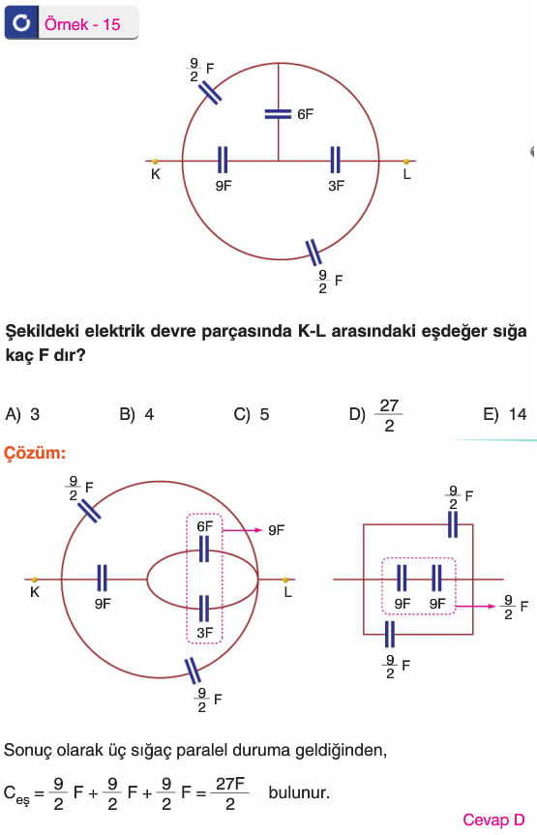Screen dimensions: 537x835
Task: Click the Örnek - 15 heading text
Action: [x=82, y=24]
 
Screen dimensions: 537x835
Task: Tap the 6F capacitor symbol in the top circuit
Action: [x=278, y=114]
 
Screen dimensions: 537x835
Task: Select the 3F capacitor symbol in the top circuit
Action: [x=335, y=160]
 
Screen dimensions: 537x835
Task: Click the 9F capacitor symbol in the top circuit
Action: [x=223, y=160]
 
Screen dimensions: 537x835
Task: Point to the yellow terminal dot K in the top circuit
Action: [x=155, y=161]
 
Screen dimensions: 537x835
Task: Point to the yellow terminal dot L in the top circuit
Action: [x=406, y=161]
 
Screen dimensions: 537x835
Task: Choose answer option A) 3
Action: [x=22, y=414]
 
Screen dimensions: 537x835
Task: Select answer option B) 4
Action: [x=137, y=414]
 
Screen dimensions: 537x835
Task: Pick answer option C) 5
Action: [x=252, y=414]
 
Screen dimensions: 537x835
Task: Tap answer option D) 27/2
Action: [x=375, y=415]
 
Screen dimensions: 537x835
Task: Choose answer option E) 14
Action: [x=505, y=414]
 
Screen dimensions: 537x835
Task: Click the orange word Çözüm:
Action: [x=35, y=453]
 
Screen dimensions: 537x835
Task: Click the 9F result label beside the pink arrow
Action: [x=277, y=530]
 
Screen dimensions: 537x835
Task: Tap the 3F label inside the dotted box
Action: [x=204, y=633]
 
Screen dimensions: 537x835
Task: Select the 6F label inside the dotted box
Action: [x=204, y=526]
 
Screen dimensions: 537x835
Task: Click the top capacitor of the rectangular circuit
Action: [x=453, y=524]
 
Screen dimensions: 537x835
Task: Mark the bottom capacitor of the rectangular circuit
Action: [x=389, y=635]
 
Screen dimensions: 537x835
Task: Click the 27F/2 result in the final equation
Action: [x=230, y=793]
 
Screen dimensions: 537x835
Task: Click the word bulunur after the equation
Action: [x=299, y=792]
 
